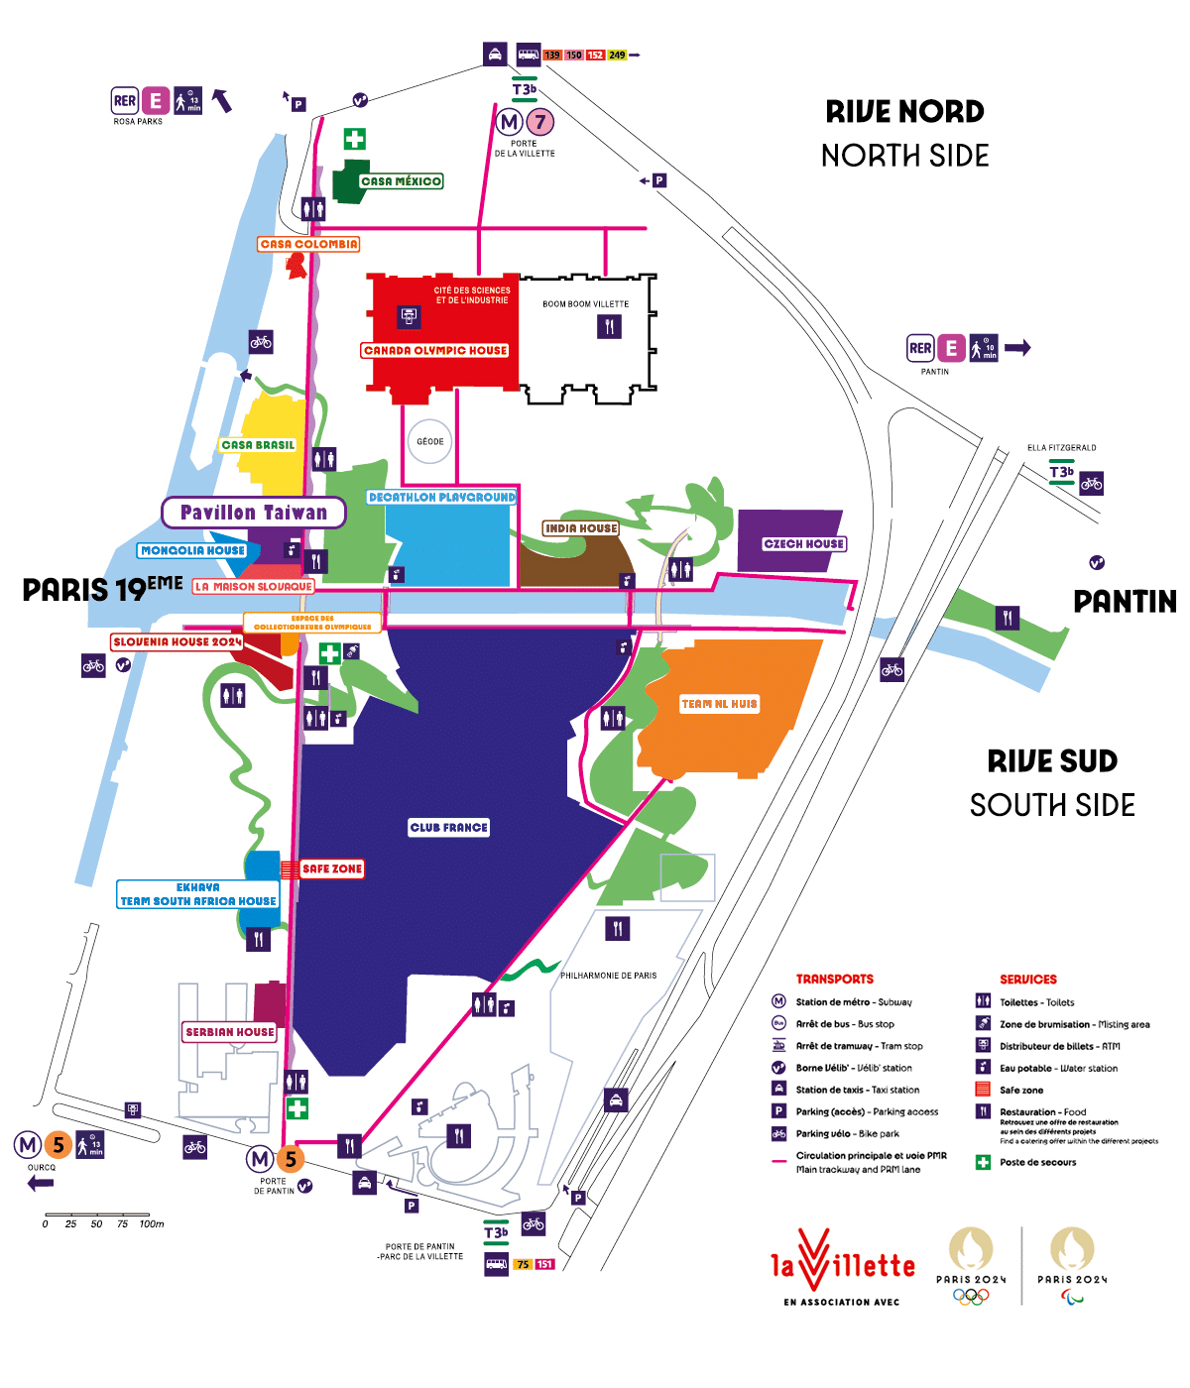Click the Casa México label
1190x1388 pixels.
[401, 181]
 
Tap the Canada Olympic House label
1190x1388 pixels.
[435, 350]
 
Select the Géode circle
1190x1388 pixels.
[429, 441]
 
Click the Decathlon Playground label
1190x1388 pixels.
[442, 497]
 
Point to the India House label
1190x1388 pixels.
[581, 528]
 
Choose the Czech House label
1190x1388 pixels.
[803, 543]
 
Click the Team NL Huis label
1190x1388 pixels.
[719, 704]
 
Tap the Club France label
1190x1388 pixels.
[449, 827]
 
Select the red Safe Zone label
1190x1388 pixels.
[332, 868]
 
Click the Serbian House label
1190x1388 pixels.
[229, 1032]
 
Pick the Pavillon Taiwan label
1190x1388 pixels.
[254, 513]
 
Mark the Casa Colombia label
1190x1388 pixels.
[308, 244]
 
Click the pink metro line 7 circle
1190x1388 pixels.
[539, 122]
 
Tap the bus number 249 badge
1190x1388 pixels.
[617, 56]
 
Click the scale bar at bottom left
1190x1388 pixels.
[97, 1215]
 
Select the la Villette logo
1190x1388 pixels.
[842, 1265]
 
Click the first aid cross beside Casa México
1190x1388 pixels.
[354, 139]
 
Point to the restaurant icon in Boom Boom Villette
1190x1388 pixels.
[609, 326]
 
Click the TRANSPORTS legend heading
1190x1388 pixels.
[834, 979]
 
